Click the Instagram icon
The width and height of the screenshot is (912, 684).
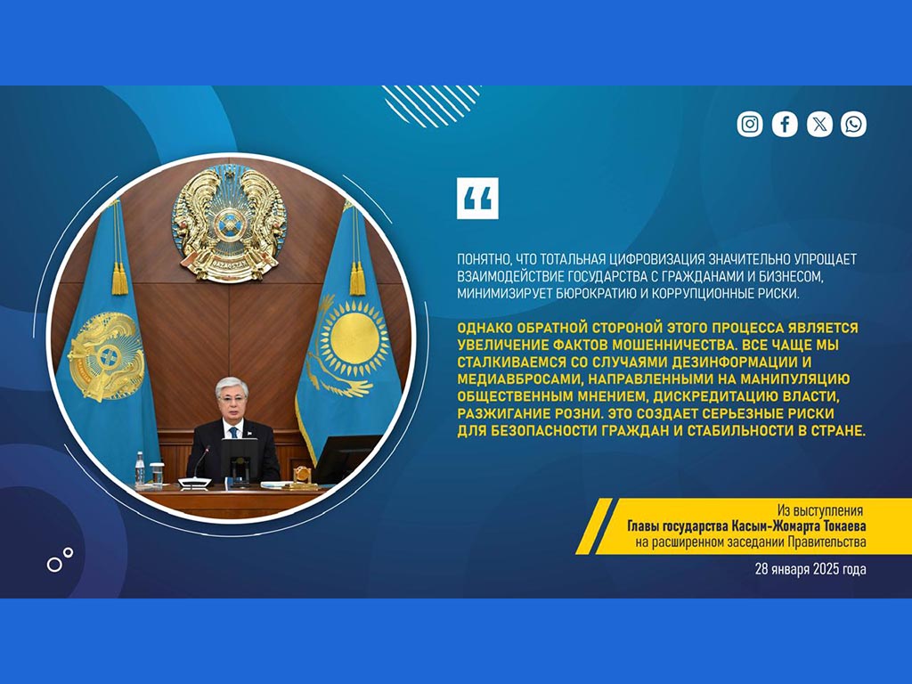point(750,124)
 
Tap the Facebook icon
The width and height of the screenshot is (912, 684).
point(785,124)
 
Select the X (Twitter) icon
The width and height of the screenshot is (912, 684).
point(819,124)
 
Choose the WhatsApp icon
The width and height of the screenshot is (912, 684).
point(853,124)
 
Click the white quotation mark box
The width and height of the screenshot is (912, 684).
point(477,199)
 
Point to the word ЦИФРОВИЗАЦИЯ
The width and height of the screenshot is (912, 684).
point(654,259)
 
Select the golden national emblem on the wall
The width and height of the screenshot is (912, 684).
point(230,224)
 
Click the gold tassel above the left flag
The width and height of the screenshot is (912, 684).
point(118,278)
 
